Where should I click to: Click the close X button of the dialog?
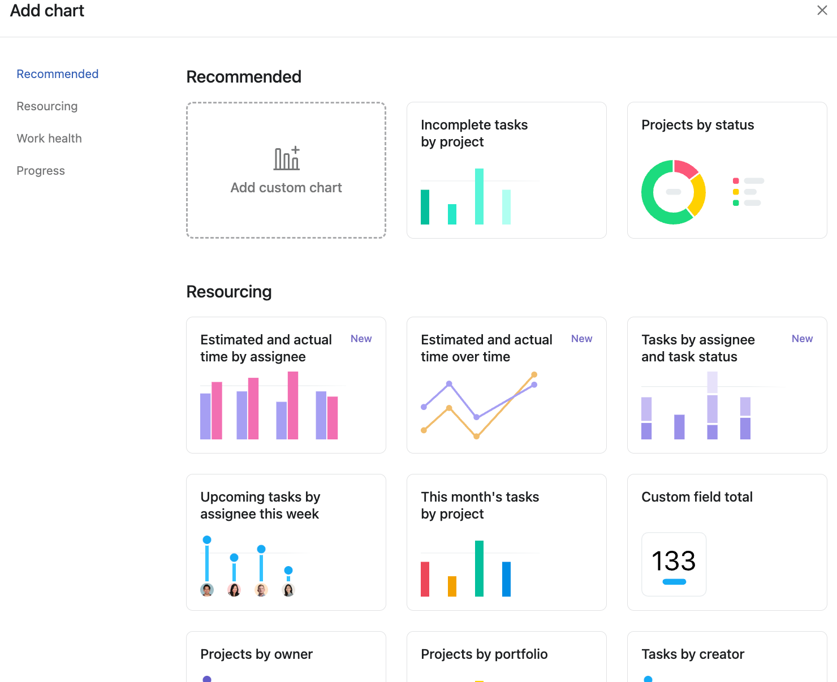pyautogui.click(x=822, y=10)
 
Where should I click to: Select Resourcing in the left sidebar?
pyautogui.click(x=47, y=106)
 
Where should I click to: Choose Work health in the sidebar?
pyautogui.click(x=49, y=139)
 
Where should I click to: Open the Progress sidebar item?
pyautogui.click(x=41, y=171)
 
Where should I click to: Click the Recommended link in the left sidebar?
pyautogui.click(x=58, y=74)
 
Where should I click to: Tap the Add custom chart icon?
pyautogui.click(x=287, y=159)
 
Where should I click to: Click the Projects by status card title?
pyautogui.click(x=697, y=125)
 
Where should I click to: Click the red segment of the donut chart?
pyautogui.click(x=685, y=168)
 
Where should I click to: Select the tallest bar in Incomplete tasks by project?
pyautogui.click(x=479, y=196)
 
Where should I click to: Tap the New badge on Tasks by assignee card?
pyautogui.click(x=802, y=339)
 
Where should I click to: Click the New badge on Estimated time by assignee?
pyautogui.click(x=361, y=339)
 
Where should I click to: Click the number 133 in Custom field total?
pyautogui.click(x=674, y=561)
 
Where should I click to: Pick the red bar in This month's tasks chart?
pyautogui.click(x=425, y=579)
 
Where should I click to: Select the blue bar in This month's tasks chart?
pyautogui.click(x=506, y=579)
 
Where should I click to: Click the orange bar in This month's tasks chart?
pyautogui.click(x=452, y=586)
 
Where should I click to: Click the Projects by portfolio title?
pyautogui.click(x=484, y=654)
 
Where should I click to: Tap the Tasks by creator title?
pyautogui.click(x=693, y=654)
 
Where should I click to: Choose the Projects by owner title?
pyautogui.click(x=256, y=654)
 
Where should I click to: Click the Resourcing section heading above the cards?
pyautogui.click(x=229, y=292)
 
